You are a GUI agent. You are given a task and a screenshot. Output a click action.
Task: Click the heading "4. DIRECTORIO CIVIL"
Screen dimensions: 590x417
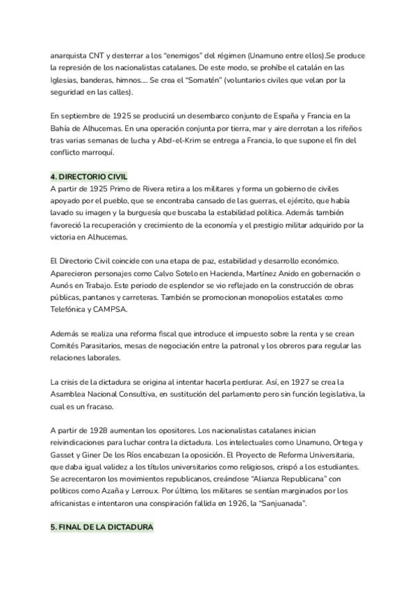(89, 176)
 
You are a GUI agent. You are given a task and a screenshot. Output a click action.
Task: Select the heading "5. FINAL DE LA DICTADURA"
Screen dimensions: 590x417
(101, 528)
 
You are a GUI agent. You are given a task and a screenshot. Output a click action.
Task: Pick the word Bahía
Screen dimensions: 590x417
(62, 128)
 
